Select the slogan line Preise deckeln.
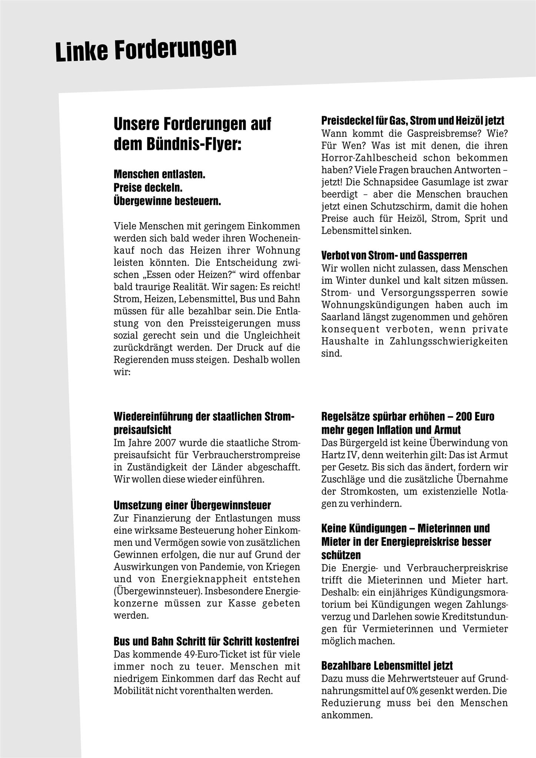pos(148,188)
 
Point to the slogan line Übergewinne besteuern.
pos(167,201)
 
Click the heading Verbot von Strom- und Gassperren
pos(394,255)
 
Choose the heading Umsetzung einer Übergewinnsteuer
pos(192,505)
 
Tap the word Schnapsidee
pos(391,182)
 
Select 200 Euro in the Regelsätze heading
pos(475,416)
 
